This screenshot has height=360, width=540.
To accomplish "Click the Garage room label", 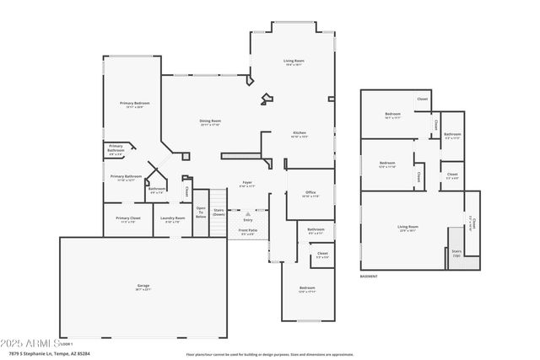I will point(143,287).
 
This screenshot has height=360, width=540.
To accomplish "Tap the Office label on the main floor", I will point(310,194).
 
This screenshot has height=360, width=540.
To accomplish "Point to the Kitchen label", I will point(300,134).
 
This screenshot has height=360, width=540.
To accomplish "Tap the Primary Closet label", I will point(128,219).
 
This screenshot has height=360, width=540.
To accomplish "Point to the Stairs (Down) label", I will point(219,212).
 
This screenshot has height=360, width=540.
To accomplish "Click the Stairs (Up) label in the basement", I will point(456,252).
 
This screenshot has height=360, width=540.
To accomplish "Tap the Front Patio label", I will point(248,232).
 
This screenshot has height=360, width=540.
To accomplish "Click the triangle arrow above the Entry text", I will point(247,214).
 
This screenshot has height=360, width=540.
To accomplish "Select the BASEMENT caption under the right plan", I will point(369,276).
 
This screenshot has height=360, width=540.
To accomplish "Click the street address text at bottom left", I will point(59,353).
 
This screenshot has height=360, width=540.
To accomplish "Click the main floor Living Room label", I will point(294,62).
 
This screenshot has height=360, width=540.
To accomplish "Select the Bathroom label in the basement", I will point(453,135).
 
